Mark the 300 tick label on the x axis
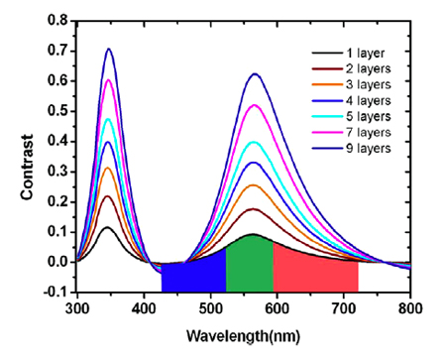77,307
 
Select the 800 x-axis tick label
410,307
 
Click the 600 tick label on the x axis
278,307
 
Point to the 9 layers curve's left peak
109,49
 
